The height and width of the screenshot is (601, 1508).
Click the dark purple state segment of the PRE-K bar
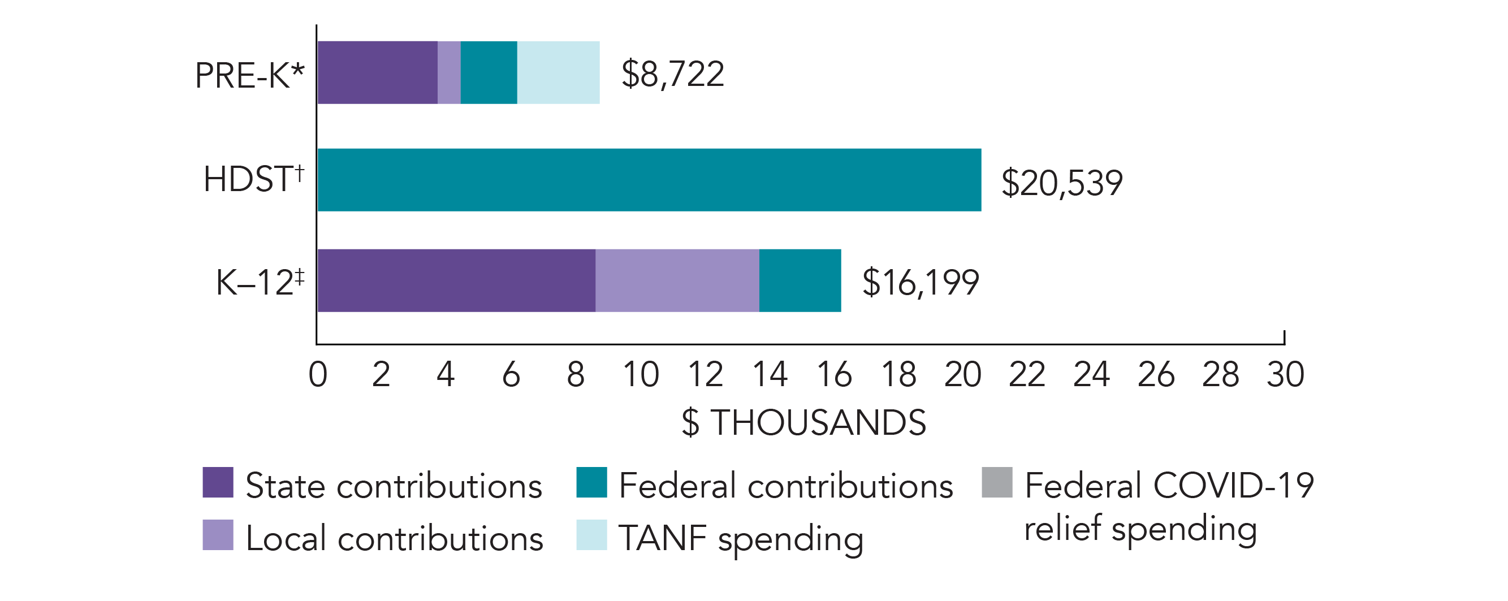[378, 72]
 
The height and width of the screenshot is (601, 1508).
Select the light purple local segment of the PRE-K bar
[449, 72]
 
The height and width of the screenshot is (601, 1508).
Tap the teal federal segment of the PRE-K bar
[489, 72]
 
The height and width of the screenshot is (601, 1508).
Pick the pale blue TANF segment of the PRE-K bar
[559, 72]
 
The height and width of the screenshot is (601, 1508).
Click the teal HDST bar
[649, 180]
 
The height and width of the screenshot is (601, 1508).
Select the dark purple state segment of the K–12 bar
[457, 280]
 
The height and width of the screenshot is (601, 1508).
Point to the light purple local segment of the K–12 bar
[677, 280]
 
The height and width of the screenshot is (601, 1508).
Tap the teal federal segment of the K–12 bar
[800, 280]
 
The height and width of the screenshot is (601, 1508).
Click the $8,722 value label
[673, 74]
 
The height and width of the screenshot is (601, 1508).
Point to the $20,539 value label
[1062, 183]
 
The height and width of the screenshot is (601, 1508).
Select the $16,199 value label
[921, 283]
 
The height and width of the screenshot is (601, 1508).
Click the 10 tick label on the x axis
[641, 374]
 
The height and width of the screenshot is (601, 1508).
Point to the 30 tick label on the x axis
[1286, 374]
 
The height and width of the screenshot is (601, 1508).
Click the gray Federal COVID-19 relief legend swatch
[997, 482]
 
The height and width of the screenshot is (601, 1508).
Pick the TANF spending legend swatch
[591, 535]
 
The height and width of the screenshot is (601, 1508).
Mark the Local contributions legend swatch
[218, 535]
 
